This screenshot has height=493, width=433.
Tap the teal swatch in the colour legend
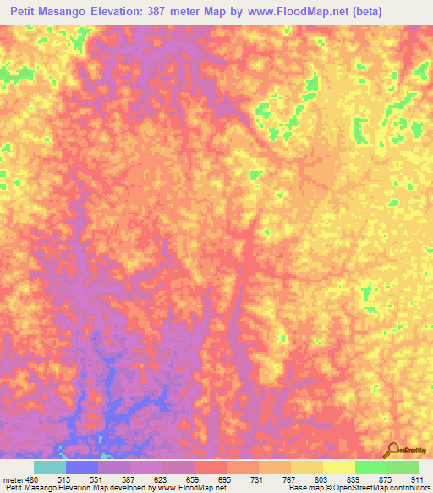pos(50,467)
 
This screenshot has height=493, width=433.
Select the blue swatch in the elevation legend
pos(82,467)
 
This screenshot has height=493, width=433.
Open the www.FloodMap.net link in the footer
pos(185,488)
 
